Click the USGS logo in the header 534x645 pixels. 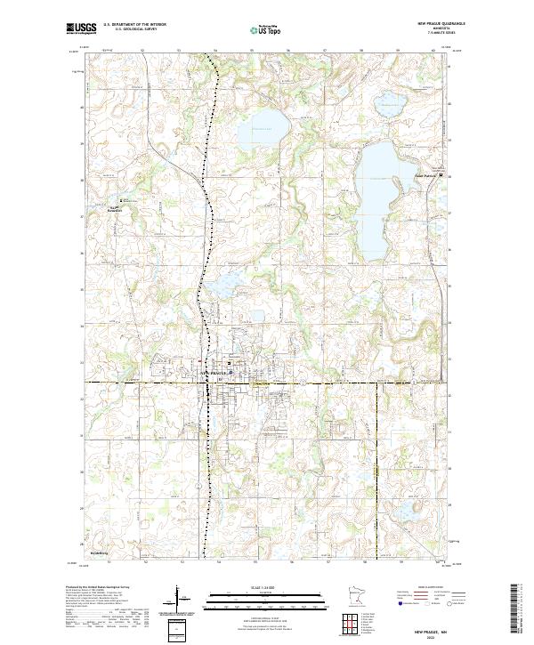tap(81, 29)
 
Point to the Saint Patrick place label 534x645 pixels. tap(428, 175)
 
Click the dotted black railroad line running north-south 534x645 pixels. tap(206, 222)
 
